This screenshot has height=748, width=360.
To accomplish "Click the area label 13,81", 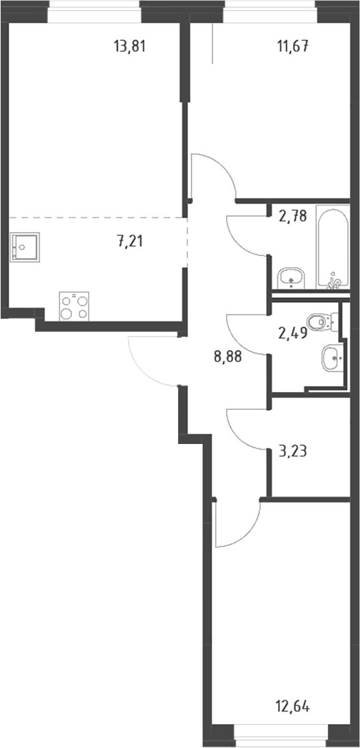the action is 129,47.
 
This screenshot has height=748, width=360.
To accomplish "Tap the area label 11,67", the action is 292,47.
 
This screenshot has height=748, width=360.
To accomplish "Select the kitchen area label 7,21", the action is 130,241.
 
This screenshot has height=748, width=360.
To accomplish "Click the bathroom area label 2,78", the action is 293,216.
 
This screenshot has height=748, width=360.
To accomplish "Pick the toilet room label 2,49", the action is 291,333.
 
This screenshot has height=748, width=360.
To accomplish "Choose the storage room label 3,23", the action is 293,450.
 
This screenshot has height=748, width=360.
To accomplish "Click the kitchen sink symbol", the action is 24,246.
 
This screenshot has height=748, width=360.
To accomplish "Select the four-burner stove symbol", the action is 74,306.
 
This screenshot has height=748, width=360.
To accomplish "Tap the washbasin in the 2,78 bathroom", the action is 291,277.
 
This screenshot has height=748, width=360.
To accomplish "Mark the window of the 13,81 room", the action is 94,11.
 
